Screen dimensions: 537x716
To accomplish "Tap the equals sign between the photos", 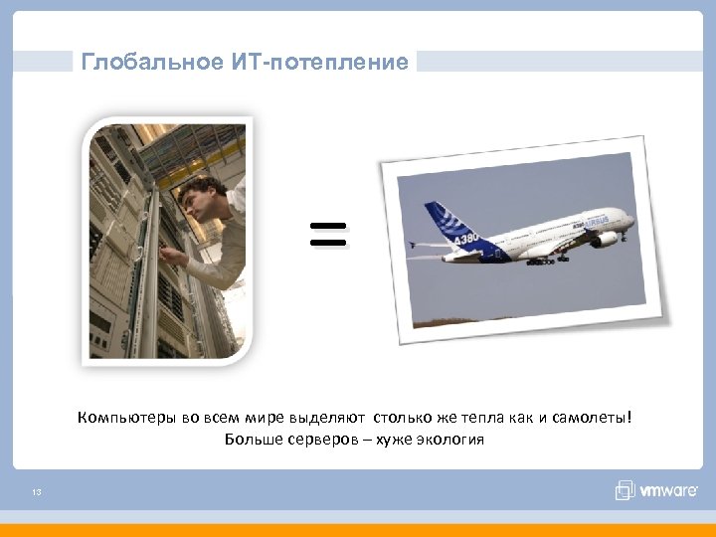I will point(328,235).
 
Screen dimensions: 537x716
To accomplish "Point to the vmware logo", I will point(656,491).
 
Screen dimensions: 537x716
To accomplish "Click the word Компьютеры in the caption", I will point(128,418).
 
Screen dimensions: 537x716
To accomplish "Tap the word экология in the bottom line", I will point(450,440).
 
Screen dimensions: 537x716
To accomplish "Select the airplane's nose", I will point(628,220).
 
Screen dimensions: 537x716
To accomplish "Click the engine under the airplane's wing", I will point(604,240).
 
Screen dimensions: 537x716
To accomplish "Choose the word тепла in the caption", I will point(483,418).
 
